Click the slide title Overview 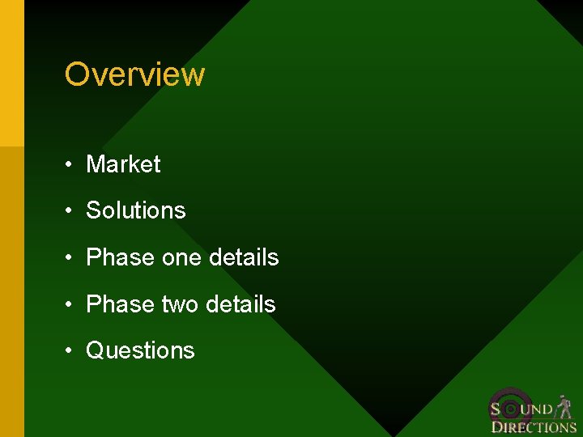tap(134, 74)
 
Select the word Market tap(123, 164)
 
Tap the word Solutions tap(135, 210)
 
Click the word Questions tap(140, 350)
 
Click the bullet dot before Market tap(71, 165)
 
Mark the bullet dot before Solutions tap(71, 211)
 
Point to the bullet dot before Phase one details tap(71, 258)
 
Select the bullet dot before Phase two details tap(71, 305)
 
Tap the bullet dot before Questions tap(71, 351)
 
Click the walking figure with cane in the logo tap(564, 406)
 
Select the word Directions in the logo tap(534, 427)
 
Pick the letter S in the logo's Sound tap(496, 409)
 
